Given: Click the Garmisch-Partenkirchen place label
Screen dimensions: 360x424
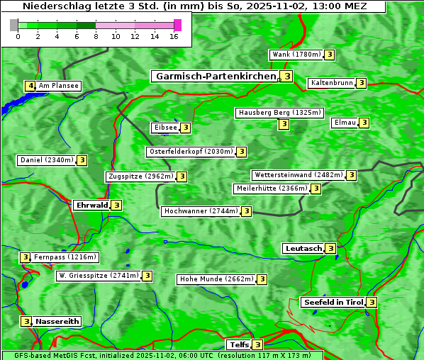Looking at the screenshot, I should pos(214,76).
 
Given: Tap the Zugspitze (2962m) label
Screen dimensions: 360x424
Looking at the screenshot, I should pos(140,176).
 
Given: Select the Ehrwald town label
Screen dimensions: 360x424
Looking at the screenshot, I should pos(91,206).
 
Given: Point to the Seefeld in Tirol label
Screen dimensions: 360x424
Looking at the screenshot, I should pos(333,303).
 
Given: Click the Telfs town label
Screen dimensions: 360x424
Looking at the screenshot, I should pos(238,345).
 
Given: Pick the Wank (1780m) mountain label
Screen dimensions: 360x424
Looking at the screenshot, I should pos(296,55).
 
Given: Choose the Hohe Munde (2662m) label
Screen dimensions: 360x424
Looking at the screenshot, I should pos(216,279).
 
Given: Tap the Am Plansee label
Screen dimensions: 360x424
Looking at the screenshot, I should pos(58,86).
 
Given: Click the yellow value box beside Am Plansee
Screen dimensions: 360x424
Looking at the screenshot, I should pos(30,86).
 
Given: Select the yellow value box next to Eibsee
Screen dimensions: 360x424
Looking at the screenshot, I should pos(185,128).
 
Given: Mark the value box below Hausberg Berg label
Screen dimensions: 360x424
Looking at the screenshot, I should pos(284,124).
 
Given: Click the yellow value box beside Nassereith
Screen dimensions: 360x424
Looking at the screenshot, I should pos(26,321).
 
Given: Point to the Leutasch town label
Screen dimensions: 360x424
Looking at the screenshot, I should pos(303,248).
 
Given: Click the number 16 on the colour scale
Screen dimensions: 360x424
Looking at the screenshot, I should pos(173,37).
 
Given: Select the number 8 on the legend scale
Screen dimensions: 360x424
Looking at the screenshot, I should pos(95,37).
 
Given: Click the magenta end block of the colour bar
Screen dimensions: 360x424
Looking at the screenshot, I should pos(177,25).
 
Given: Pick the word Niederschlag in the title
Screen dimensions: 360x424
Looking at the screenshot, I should pos(54,6).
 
